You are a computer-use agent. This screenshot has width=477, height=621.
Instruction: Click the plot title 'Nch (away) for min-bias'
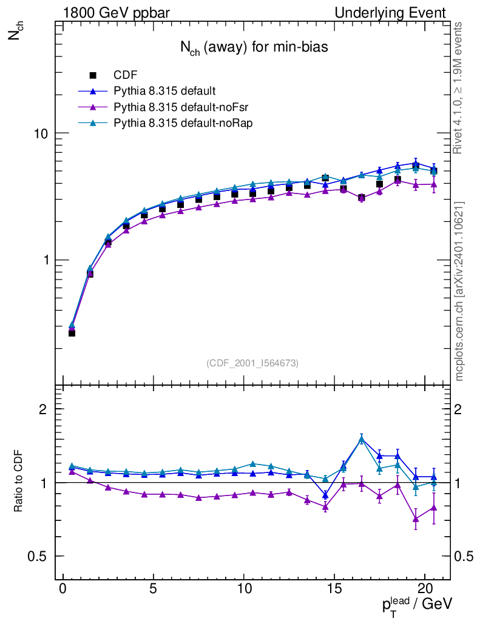(x=254, y=49)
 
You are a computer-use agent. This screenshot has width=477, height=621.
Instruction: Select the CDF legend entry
(x=126, y=75)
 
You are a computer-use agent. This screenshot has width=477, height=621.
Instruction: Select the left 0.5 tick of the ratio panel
(x=38, y=557)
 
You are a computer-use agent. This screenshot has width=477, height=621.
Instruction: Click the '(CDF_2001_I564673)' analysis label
(x=252, y=363)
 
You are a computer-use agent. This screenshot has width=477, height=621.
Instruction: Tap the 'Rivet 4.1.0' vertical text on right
(x=459, y=88)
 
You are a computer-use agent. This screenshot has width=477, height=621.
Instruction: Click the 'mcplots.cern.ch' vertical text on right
(x=459, y=291)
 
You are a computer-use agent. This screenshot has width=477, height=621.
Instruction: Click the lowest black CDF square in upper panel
(x=72, y=333)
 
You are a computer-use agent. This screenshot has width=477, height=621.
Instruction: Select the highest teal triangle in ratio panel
(x=362, y=439)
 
